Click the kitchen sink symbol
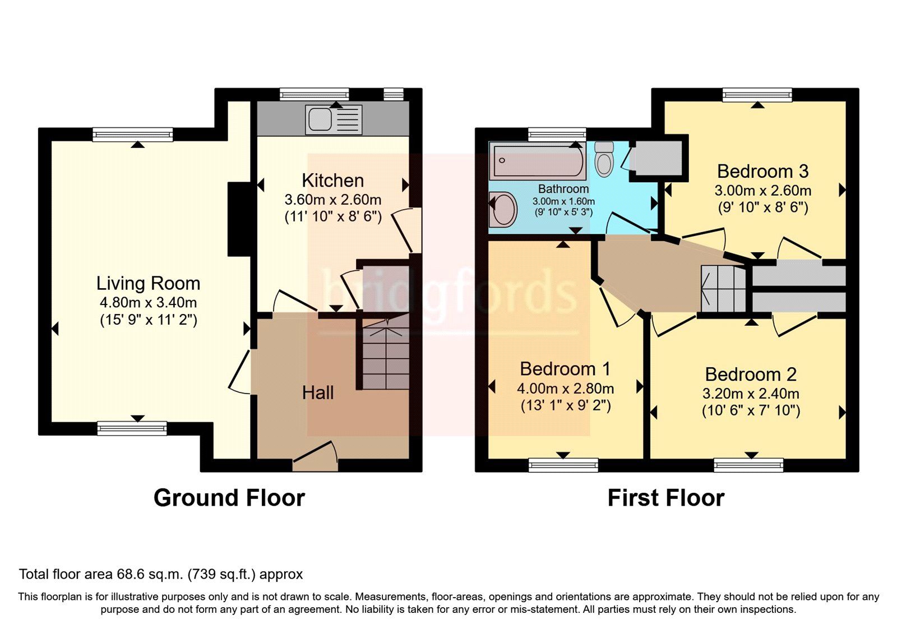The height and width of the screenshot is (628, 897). pos(334,120)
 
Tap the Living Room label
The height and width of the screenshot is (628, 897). pos(148,283)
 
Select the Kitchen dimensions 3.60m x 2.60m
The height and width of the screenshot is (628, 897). pos(332,200)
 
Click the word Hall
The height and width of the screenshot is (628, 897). pos(318,392)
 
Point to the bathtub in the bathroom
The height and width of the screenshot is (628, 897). pos(537,160)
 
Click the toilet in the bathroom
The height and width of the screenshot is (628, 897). pos(604,159)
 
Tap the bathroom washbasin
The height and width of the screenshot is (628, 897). pos(502,209)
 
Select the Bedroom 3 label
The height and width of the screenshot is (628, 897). pos(762,171)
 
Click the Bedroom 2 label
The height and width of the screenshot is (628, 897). pos(751,374)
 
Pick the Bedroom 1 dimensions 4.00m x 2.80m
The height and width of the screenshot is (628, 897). pos(565,388)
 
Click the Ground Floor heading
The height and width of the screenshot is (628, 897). pos(229,498)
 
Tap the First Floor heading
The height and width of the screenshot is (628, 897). pos(666,498)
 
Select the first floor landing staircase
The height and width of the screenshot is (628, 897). pos(723,289)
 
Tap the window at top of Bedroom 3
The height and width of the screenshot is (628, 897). pos(757,95)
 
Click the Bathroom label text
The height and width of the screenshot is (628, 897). pos(563,189)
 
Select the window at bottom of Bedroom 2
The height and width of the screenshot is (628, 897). pos(748,465)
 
